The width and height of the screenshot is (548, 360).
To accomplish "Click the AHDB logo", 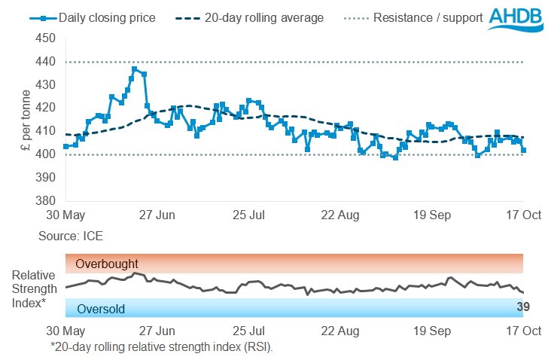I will click(515, 19).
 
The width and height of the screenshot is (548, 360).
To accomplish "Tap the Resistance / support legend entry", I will click(428, 17).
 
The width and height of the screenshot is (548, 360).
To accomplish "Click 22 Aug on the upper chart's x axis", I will click(342, 215).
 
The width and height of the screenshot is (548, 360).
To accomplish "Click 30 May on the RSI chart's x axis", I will click(65, 331).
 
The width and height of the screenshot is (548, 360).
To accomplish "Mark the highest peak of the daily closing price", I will click(134, 69).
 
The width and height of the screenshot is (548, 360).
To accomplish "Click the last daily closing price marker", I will click(523, 150).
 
